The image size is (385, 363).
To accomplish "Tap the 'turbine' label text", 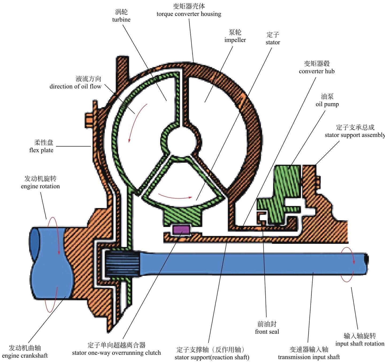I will [x=121, y=20].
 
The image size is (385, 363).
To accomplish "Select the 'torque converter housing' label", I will [x=189, y=14].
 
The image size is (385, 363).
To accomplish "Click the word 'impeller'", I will [x=235, y=40].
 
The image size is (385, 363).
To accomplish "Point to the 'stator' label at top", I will [x=273, y=42].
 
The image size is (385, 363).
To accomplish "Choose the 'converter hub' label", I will [x=317, y=71].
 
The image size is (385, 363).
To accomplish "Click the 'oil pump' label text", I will [x=327, y=104].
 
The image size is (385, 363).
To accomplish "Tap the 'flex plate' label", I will [x=41, y=150].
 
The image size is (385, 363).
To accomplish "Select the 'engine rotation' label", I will [x=40, y=186].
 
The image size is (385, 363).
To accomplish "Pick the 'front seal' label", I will [x=267, y=332].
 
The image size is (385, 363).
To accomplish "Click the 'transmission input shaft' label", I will [x=309, y=357].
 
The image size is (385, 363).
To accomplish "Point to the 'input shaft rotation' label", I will [x=360, y=344].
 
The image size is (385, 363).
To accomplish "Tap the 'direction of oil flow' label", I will [x=75, y=86].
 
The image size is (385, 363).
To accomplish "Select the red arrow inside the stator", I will [x=175, y=197].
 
